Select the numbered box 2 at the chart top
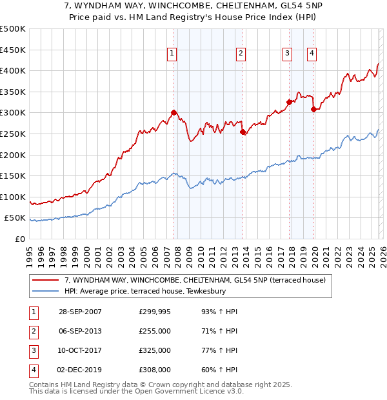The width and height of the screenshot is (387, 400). [x=241, y=54]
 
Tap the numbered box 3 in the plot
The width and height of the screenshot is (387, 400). [x=287, y=54]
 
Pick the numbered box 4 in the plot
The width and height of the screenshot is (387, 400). [x=312, y=54]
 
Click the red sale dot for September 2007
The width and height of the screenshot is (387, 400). [x=174, y=112]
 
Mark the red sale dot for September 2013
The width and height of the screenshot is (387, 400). [x=243, y=132]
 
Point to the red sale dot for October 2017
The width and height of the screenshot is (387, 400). [x=289, y=102]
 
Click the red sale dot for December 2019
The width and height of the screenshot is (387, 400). [x=313, y=109]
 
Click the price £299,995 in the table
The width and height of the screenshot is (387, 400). [x=155, y=312]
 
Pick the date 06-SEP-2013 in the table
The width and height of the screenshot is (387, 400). [x=80, y=331]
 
